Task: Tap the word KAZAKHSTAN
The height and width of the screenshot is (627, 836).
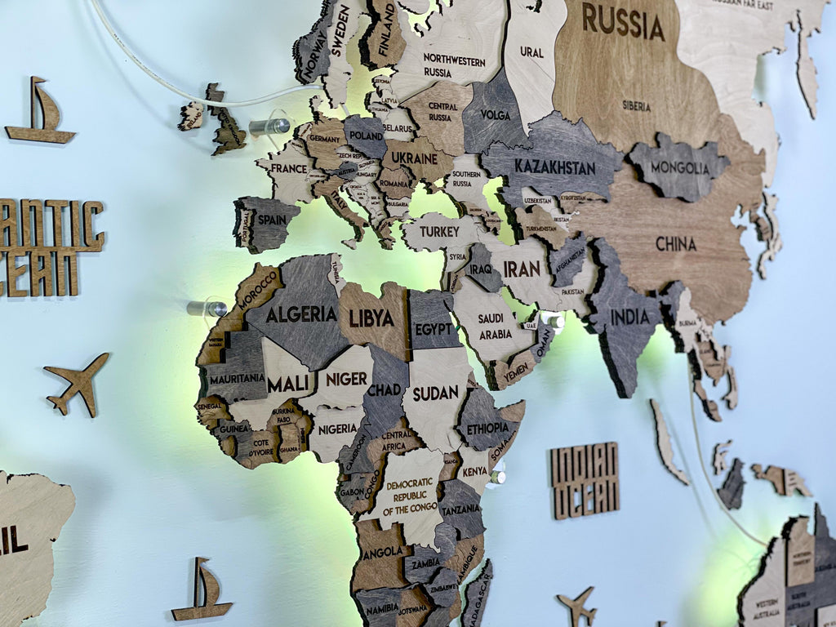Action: pyautogui.click(x=554, y=167)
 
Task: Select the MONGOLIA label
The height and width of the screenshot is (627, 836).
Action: pyautogui.click(x=680, y=168)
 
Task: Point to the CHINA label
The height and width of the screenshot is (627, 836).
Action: pyautogui.click(x=676, y=243)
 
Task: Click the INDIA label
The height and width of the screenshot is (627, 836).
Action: pyautogui.click(x=629, y=316)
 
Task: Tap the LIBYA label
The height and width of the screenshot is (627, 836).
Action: pyautogui.click(x=371, y=318)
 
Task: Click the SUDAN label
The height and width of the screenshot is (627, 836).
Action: pyautogui.click(x=435, y=393)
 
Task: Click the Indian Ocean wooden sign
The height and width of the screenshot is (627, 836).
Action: pyautogui.click(x=585, y=480)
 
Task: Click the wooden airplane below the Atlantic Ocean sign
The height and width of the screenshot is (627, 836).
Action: pyautogui.click(x=77, y=383)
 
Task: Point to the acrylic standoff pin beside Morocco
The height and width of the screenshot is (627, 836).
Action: pyautogui.click(x=207, y=308)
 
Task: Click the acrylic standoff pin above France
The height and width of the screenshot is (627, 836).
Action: pyautogui.click(x=270, y=126)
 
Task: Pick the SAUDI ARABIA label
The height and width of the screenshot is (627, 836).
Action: pyautogui.click(x=496, y=327)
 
